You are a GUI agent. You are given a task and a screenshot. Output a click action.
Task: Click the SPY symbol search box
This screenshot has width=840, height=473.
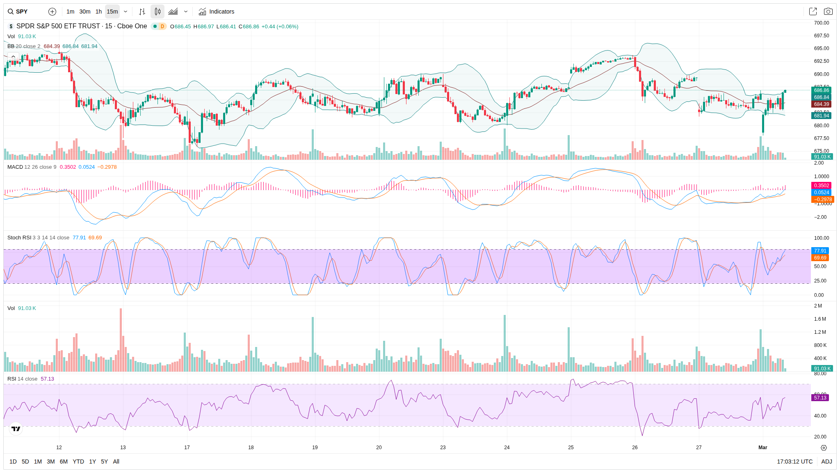18,11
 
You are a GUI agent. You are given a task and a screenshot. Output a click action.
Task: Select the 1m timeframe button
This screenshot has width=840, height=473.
70,11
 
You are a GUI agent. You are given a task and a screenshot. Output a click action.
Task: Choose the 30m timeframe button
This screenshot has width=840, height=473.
84,11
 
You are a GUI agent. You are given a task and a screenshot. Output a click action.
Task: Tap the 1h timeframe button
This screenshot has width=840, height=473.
98,11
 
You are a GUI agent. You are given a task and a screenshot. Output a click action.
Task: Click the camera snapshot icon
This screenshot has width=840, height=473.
828,11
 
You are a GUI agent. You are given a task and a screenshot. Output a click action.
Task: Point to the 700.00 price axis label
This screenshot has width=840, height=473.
821,23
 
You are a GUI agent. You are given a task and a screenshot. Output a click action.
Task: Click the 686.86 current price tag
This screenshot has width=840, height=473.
821,90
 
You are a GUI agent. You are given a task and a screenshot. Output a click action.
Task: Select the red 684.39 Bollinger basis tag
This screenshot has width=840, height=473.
821,104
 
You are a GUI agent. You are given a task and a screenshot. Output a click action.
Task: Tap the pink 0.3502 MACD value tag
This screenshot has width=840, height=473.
821,186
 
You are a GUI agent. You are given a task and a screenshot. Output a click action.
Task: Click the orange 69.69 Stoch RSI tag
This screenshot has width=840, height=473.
820,258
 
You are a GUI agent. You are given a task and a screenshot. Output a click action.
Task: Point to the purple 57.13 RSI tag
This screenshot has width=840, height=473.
820,398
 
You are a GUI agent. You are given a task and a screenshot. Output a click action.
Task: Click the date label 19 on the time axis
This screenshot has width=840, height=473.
315,448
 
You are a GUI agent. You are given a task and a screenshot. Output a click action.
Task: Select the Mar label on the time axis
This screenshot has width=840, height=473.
762,448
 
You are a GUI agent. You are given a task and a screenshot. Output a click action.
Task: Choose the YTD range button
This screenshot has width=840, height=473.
78,462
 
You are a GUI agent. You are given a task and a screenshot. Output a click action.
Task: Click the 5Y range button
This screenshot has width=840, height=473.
104,462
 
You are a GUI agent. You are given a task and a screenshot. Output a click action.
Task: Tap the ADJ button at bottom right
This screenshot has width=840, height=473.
826,462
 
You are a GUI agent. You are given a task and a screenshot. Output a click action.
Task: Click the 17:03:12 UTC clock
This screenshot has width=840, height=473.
794,462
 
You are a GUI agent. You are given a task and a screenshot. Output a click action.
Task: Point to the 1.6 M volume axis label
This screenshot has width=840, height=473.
820,319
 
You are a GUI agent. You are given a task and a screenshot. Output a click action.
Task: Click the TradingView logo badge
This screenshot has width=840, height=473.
16,429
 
